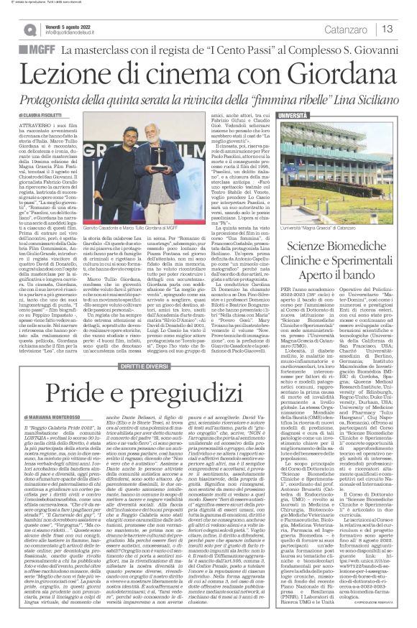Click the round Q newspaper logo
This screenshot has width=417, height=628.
coord(29,29)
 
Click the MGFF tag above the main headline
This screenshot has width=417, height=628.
coord(38,51)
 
